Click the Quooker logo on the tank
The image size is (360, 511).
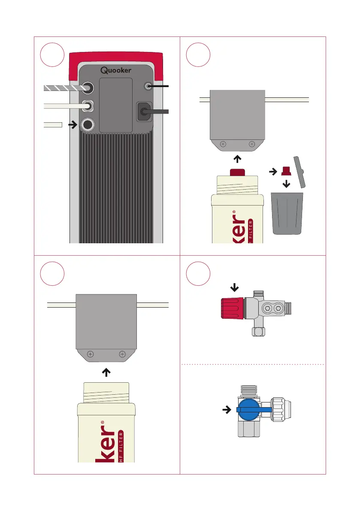[x=116, y=70]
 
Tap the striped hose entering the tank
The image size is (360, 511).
[x=64, y=88]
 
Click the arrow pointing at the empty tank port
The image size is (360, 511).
[x=73, y=125]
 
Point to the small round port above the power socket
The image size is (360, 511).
[x=148, y=86]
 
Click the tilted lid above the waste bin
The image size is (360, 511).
[x=299, y=172]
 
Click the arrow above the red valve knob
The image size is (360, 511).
[x=233, y=286]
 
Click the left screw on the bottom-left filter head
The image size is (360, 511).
[x=90, y=354]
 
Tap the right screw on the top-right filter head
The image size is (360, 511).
[x=252, y=144]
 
